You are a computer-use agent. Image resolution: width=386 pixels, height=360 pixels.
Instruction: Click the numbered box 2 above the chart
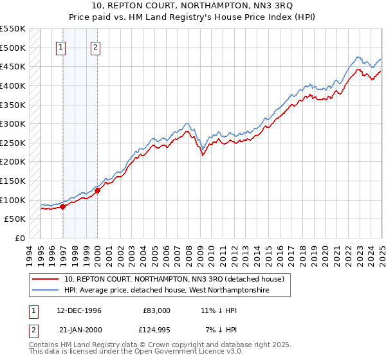pos(95,46)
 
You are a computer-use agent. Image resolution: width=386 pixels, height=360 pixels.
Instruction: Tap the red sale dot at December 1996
pos(63,206)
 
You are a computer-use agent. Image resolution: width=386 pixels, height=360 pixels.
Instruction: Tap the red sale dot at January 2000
pos(97,190)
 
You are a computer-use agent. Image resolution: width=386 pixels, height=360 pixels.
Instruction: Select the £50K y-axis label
pos(15,219)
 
